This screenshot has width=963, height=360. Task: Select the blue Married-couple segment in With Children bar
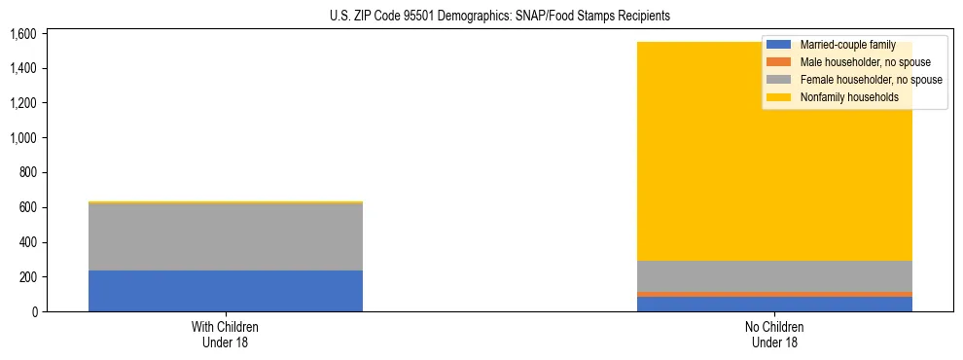tap(226, 291)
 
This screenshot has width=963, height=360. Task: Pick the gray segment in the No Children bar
tap(774, 276)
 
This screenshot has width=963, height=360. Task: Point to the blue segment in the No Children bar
tap(774, 304)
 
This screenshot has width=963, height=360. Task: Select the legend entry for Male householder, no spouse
tap(857, 62)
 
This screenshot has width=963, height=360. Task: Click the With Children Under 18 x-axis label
tap(226, 334)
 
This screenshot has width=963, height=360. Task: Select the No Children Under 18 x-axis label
tap(774, 334)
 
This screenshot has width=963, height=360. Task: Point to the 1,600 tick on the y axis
tap(22, 34)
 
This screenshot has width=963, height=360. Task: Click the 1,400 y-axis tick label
tap(22, 68)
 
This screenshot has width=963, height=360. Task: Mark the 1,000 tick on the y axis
tap(22, 138)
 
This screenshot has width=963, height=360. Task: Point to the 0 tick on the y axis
tap(33, 312)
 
